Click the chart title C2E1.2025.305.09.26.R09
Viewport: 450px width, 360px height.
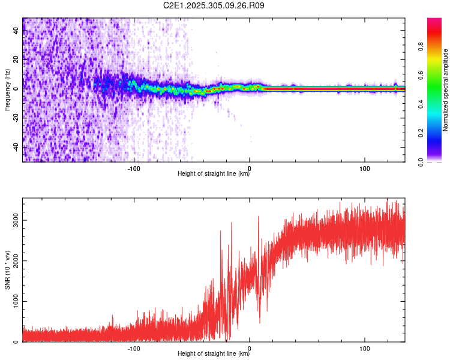[x=214, y=5]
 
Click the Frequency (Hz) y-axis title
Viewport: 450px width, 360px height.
[x=8, y=90]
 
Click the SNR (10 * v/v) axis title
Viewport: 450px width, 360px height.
[x=8, y=270]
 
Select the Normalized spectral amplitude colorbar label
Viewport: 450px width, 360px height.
[x=446, y=90]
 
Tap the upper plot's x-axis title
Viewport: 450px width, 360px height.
[x=214, y=174]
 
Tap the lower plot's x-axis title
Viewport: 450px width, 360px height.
[x=214, y=354]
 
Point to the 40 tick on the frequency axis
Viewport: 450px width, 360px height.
[x=16, y=32]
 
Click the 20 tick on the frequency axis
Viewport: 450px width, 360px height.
[x=16, y=60]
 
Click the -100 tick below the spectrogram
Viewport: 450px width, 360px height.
[x=134, y=167]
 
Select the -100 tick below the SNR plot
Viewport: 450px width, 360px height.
[x=134, y=347]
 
